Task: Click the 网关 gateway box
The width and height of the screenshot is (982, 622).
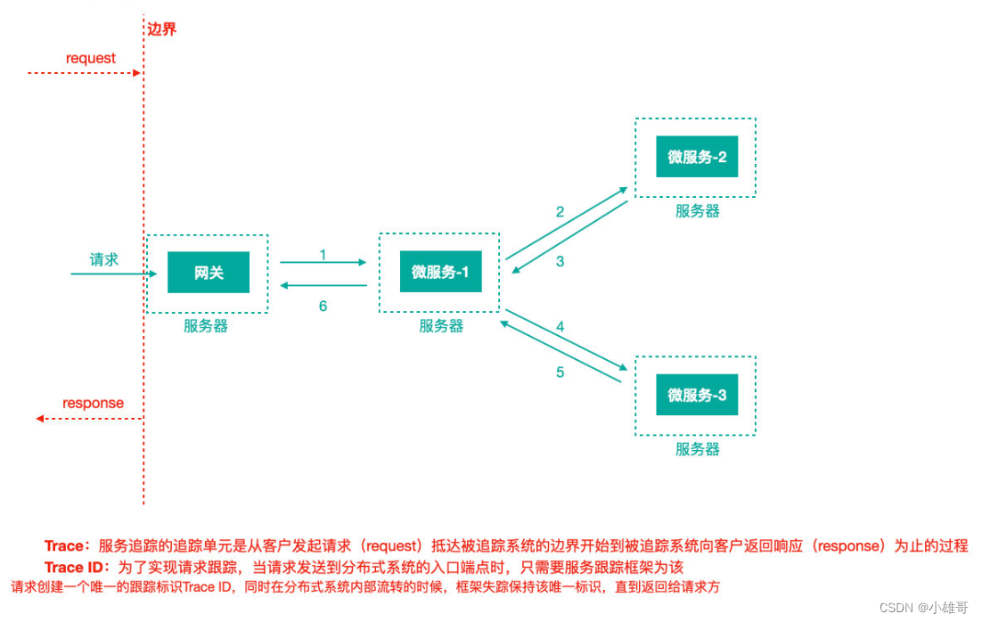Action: point(208,273)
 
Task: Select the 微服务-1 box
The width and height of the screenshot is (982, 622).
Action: point(440,272)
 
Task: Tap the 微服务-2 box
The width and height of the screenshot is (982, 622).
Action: point(697,157)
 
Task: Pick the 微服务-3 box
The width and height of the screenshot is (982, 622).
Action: point(697,395)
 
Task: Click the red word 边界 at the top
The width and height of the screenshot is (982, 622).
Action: point(161,29)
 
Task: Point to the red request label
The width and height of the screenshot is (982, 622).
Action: point(91,58)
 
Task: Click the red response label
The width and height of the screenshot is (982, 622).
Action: point(93,403)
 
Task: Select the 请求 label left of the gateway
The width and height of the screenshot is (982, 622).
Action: point(103,259)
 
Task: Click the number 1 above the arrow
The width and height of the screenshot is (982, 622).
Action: point(323,255)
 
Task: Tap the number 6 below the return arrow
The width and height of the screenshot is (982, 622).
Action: point(323,306)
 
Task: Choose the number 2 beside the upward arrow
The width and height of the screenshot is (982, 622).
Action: point(560,212)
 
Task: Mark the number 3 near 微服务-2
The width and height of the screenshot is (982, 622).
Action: point(560,262)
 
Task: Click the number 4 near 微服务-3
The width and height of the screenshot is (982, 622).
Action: point(560,327)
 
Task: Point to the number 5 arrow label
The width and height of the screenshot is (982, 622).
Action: point(560,372)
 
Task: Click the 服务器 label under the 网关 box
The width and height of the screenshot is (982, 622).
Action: point(206,326)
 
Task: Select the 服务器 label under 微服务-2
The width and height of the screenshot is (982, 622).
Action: point(697,211)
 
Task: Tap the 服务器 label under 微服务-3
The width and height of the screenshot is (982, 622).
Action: point(697,449)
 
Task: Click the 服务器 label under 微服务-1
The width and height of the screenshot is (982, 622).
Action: point(441,326)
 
